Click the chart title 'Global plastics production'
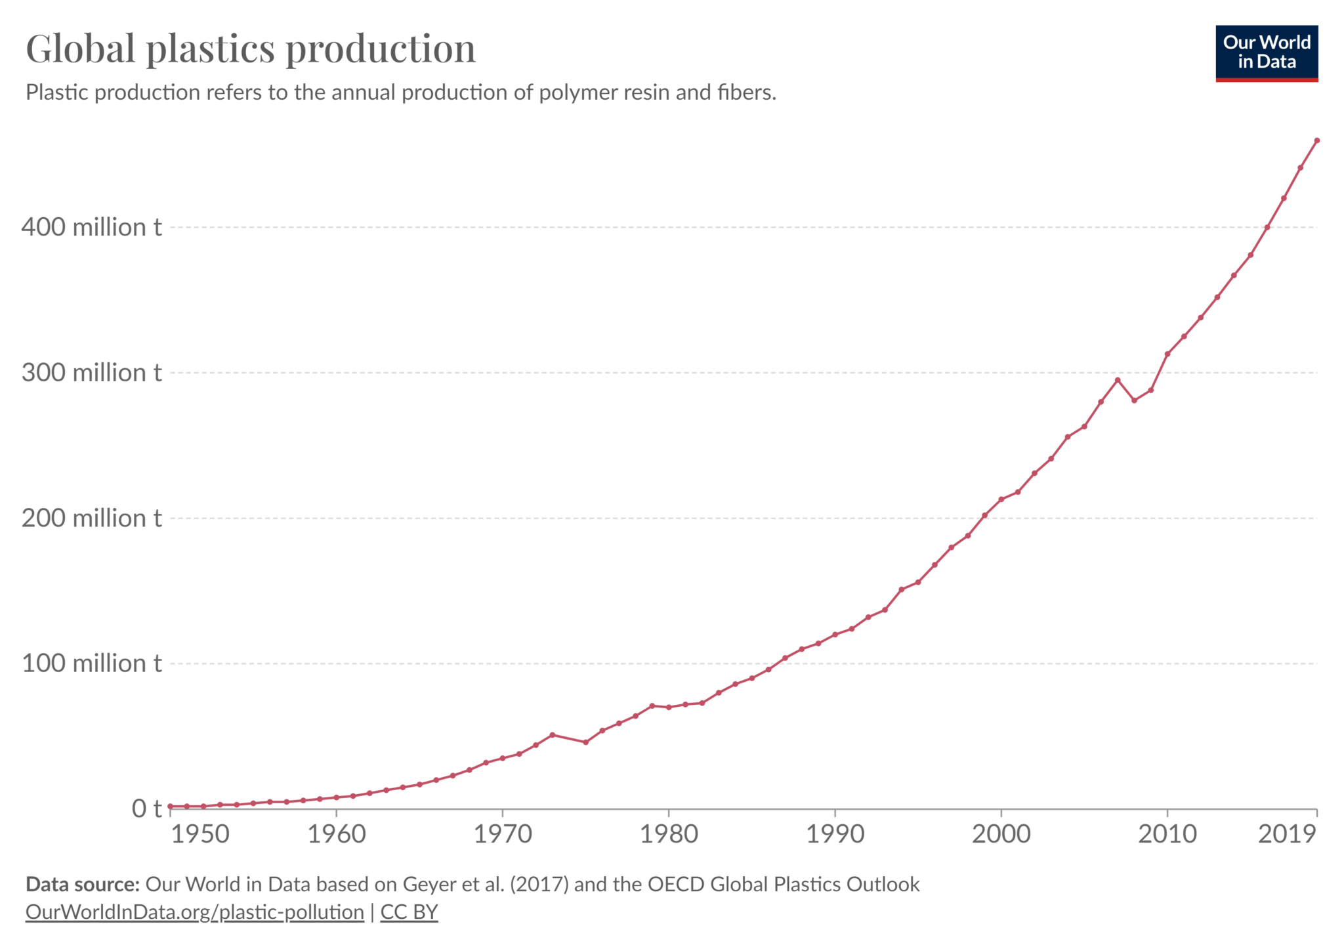(x=250, y=49)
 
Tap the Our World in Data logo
(x=1266, y=53)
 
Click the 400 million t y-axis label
(x=91, y=227)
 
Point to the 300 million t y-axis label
(x=91, y=373)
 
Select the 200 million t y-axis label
(x=91, y=518)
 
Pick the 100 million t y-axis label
(x=91, y=664)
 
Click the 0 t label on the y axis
(x=146, y=809)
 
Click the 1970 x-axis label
(x=503, y=834)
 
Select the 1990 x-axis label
(x=835, y=834)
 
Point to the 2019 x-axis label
(x=1287, y=834)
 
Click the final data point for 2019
(x=1316, y=140)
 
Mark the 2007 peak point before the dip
(x=1118, y=380)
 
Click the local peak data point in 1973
(x=553, y=735)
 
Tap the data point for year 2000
(x=1001, y=499)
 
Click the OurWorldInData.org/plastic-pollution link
(x=194, y=912)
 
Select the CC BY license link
(x=409, y=912)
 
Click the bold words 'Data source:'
(x=83, y=885)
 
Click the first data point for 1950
(x=171, y=806)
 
